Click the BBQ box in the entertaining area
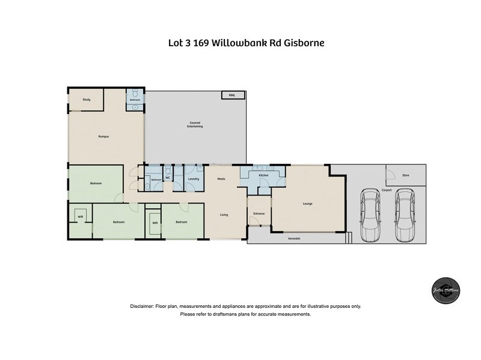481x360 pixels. point(231,95)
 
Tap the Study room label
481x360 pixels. point(87,100)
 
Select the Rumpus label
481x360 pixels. point(103,137)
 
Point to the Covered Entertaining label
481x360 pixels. point(195,125)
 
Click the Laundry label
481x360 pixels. point(194,179)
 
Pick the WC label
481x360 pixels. point(168,178)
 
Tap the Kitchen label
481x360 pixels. point(263,175)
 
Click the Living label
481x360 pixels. point(224,214)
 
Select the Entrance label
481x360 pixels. point(259,214)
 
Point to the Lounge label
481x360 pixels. point(307,204)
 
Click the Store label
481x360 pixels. point(405,175)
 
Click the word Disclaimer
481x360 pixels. point(142,307)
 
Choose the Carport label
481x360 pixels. point(386,190)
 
